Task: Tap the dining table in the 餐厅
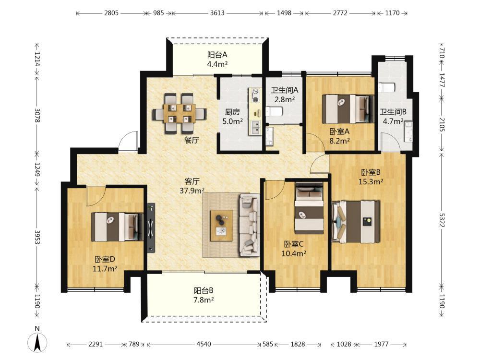[x=180, y=113]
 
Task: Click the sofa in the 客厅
[x=249, y=225]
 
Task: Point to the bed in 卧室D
[x=117, y=227]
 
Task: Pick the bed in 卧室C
[x=309, y=208]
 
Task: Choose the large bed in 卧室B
[x=356, y=222]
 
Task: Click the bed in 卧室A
[x=348, y=109]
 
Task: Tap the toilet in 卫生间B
[x=386, y=87]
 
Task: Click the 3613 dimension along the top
[x=217, y=13]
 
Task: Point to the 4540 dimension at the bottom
[x=204, y=344]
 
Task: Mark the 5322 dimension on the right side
[x=442, y=220]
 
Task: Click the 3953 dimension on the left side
[x=37, y=237]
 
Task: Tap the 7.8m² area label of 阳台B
[x=204, y=300]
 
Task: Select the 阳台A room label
[x=217, y=55]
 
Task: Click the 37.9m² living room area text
[x=192, y=191]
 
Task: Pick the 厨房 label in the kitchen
[x=232, y=112]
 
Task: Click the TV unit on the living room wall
[x=151, y=228]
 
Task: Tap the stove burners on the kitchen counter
[x=255, y=95]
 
